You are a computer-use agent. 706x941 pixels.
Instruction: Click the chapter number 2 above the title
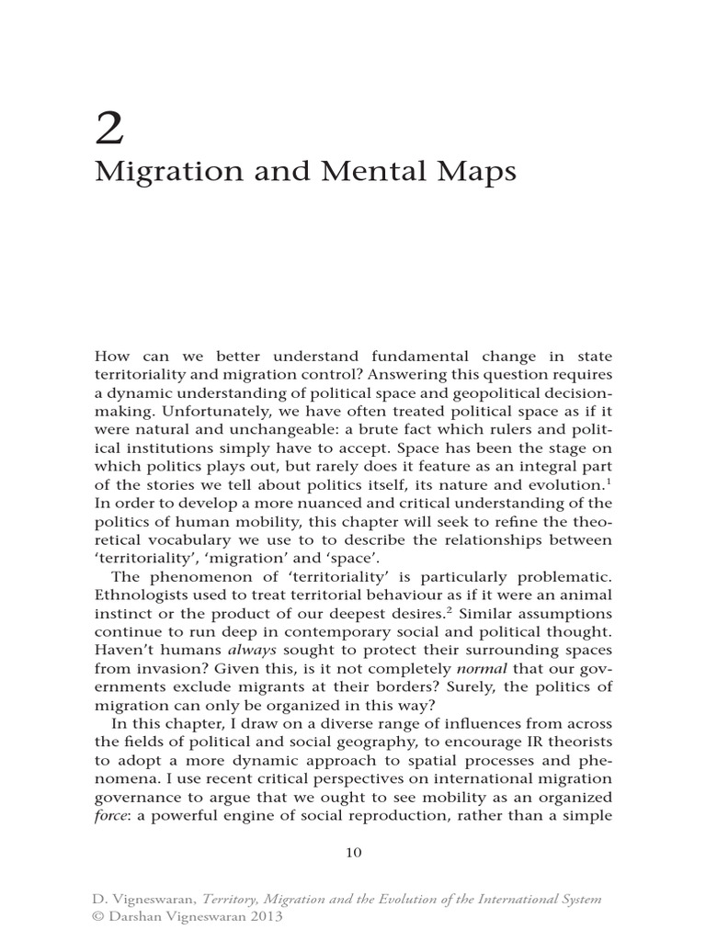pos(109,130)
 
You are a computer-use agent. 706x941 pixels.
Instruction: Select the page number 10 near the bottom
pos(354,852)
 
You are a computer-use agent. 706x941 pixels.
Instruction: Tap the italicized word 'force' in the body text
pos(111,816)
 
